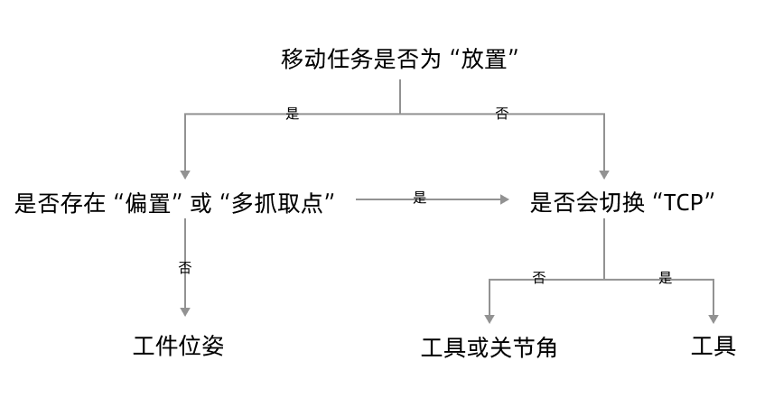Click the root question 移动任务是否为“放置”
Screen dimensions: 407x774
click(x=400, y=60)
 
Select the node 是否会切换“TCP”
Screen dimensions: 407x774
click(x=622, y=203)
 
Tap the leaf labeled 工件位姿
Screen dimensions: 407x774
click(x=178, y=346)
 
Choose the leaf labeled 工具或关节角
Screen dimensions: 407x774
click(x=489, y=347)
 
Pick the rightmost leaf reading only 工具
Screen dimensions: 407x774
click(x=713, y=346)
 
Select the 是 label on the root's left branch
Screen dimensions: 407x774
click(x=292, y=114)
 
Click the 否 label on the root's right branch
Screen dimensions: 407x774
click(x=501, y=114)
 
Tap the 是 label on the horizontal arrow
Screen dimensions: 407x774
click(x=419, y=198)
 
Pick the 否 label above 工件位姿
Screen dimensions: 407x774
click(x=185, y=267)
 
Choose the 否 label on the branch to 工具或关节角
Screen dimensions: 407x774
click(x=538, y=278)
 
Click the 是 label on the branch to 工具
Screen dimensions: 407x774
click(x=665, y=278)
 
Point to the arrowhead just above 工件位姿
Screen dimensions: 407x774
click(x=185, y=311)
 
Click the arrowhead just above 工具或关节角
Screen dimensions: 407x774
click(x=490, y=319)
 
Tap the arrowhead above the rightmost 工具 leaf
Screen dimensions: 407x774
click(x=713, y=319)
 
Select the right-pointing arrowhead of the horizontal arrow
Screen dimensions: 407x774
click(x=504, y=199)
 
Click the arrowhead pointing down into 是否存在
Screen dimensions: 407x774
click(x=185, y=174)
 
